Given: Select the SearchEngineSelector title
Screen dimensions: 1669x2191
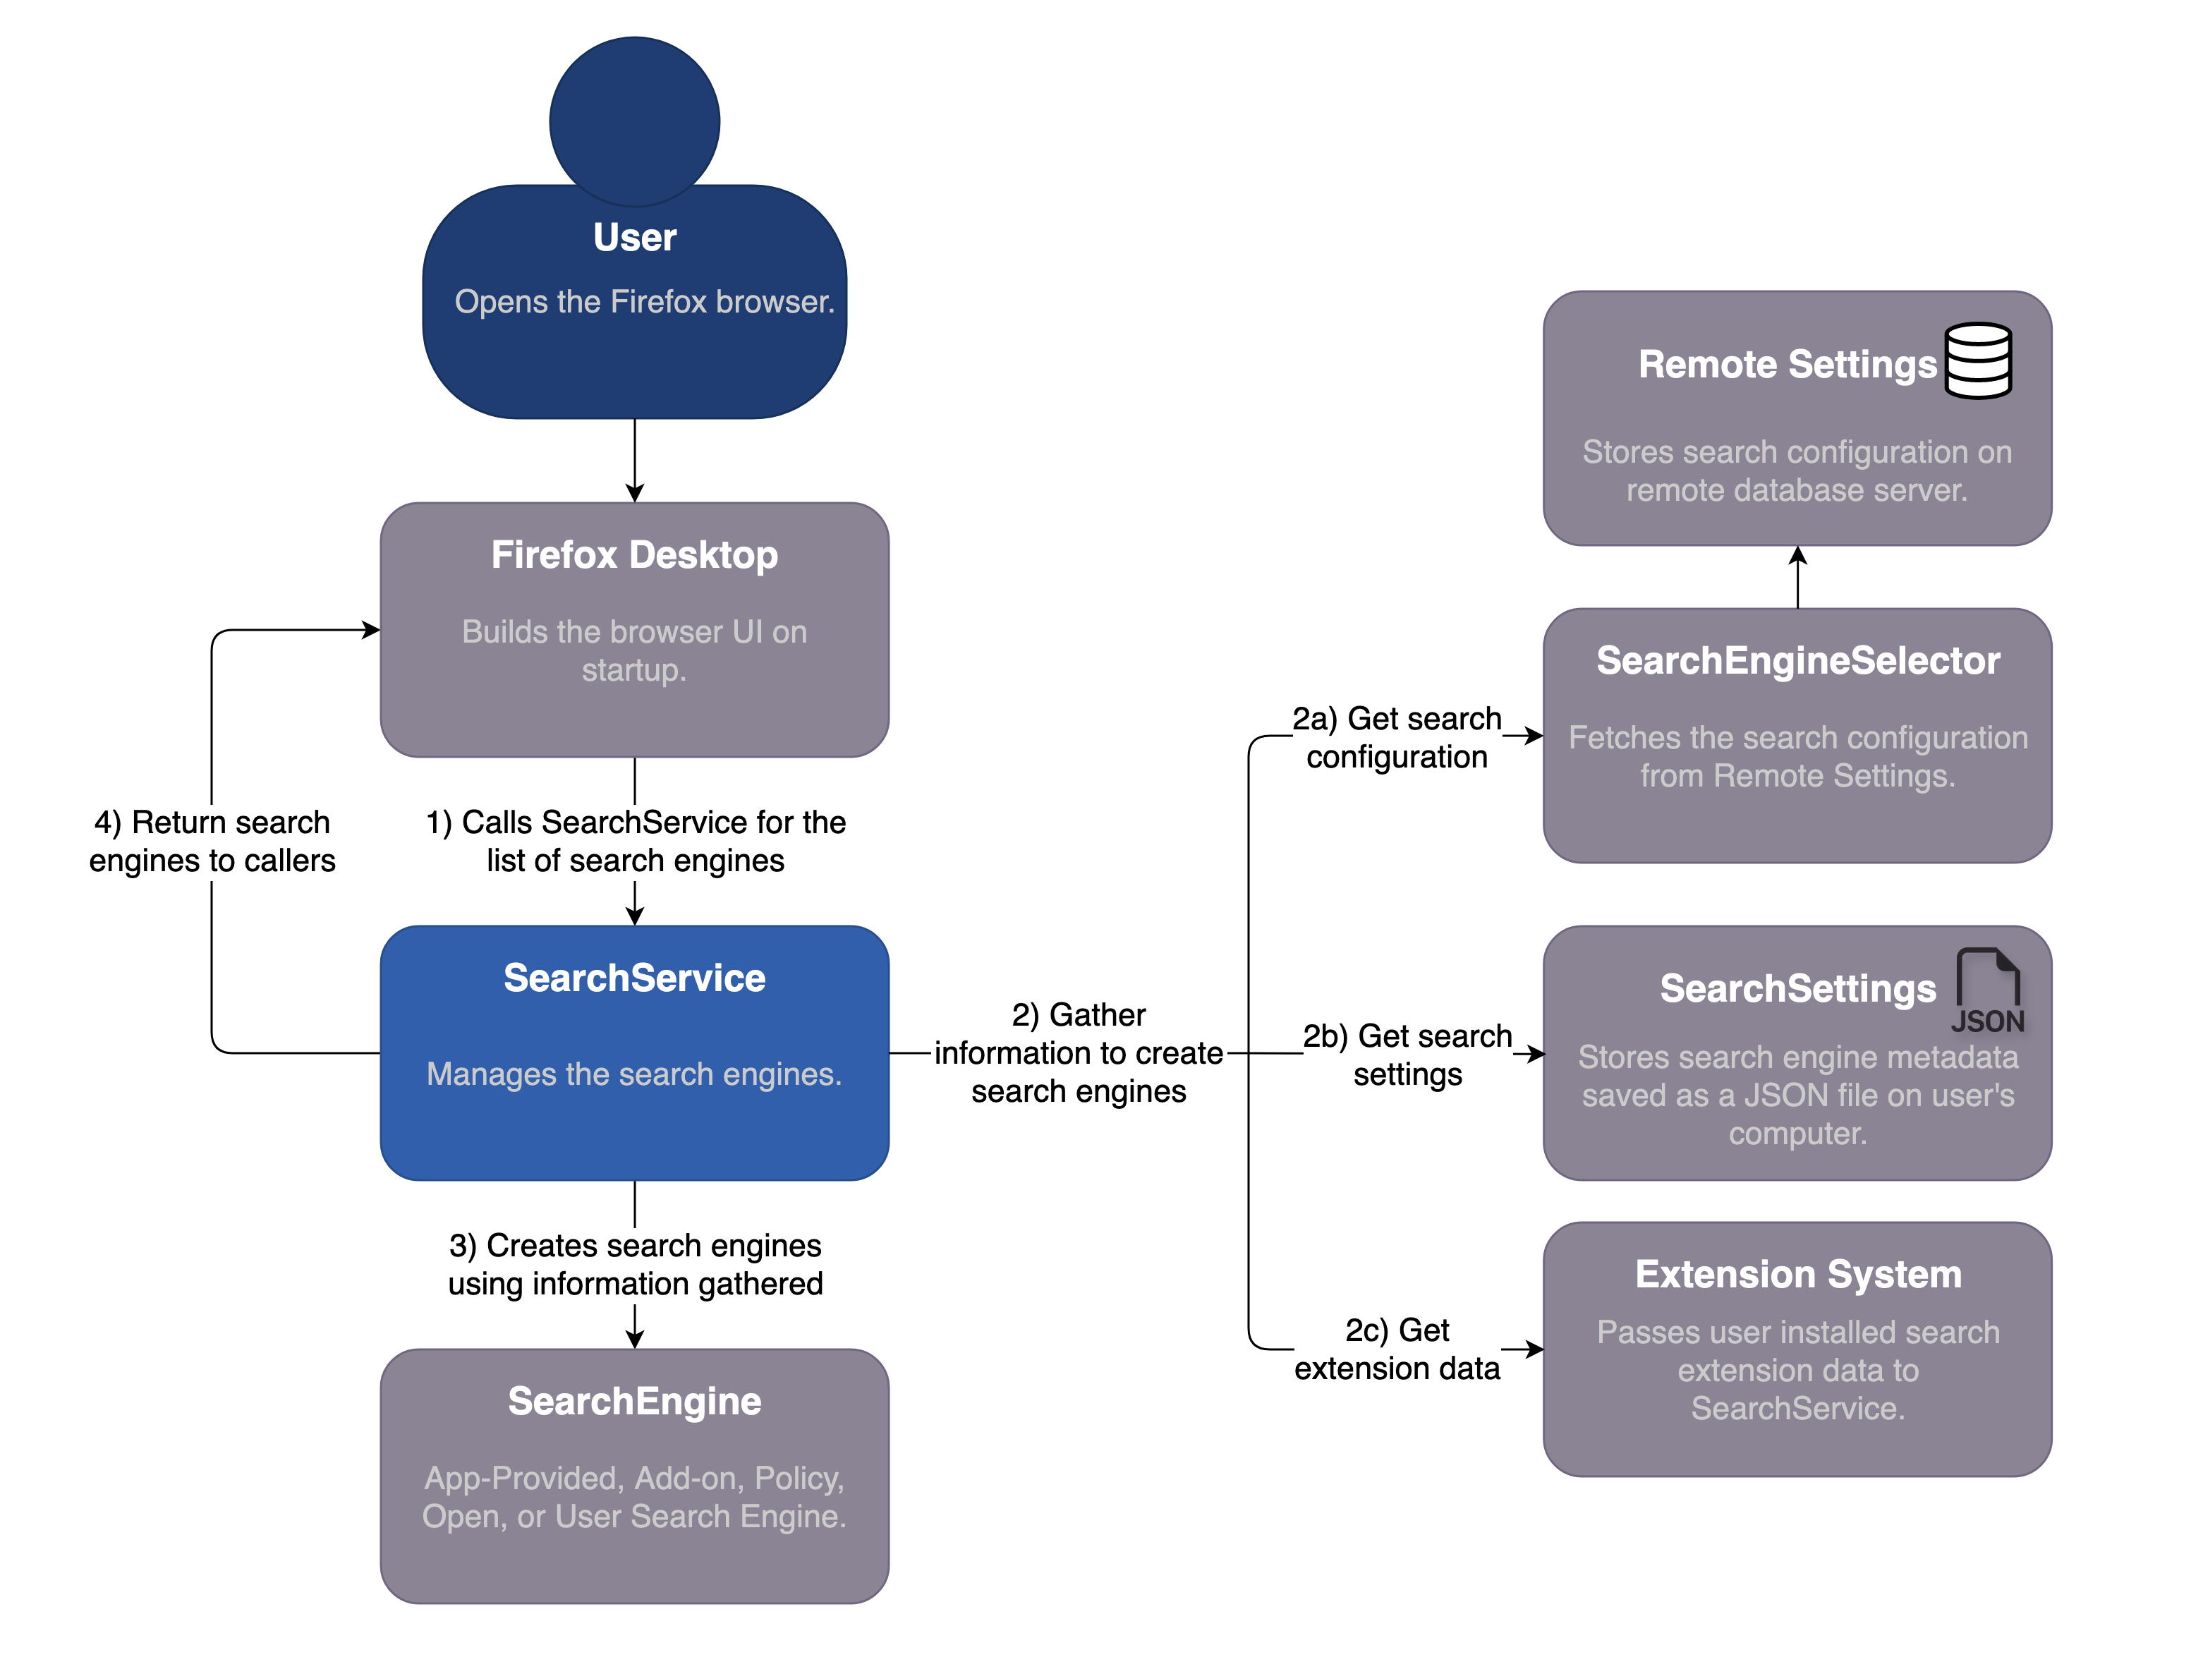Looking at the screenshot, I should pyautogui.click(x=1797, y=661).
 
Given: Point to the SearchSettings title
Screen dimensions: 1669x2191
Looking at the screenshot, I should pyautogui.click(x=1797, y=988).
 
